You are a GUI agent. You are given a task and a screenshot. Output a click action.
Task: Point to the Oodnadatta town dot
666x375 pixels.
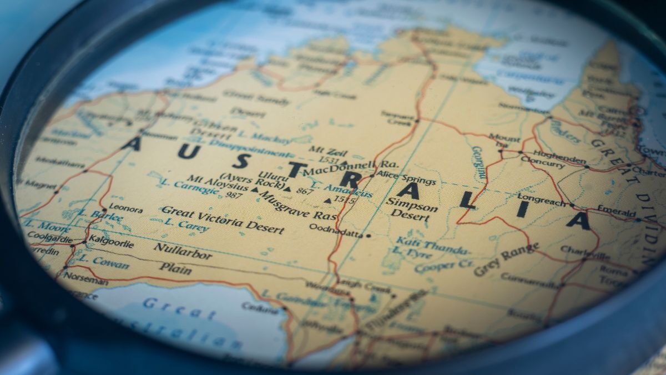pos(368,236)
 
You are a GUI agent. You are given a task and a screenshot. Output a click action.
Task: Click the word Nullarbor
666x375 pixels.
pos(182,251)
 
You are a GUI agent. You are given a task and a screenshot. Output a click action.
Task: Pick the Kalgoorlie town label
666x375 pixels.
pos(111,243)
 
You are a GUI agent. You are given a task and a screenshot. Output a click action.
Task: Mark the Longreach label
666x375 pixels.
pos(542,198)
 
